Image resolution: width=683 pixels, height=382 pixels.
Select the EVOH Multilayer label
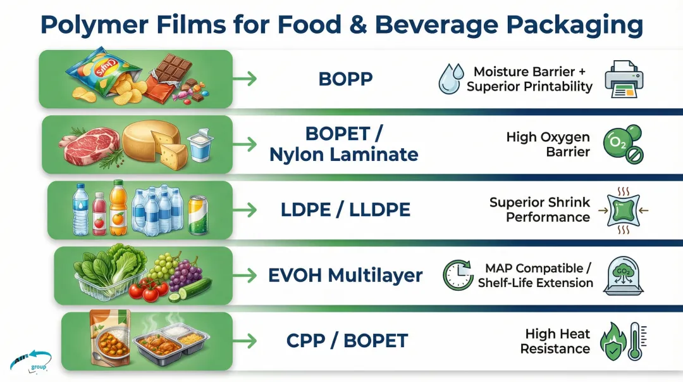(345, 276)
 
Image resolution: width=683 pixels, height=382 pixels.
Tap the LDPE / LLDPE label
(345, 210)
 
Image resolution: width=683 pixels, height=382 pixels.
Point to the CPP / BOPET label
(345, 341)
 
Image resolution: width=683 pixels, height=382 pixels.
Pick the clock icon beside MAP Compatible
(458, 275)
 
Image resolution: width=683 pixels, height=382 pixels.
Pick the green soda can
(198, 213)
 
